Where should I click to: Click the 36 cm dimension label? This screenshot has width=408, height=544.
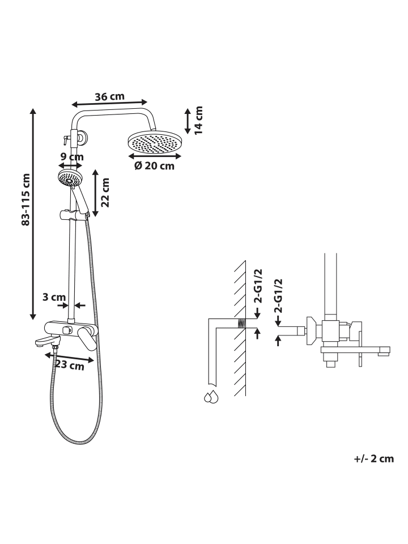pos(109,96)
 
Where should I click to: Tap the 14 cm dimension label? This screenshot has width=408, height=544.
pos(198,120)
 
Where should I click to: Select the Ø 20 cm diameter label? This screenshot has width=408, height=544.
pos(154,166)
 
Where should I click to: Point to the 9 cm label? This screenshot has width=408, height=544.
pos(72,157)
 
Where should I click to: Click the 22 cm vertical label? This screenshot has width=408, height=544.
pos(105,193)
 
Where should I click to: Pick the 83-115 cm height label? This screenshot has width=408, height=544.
pos(26,200)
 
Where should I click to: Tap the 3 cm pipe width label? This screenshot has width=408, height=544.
pos(54,297)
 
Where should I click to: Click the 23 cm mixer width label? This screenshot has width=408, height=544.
pos(70,365)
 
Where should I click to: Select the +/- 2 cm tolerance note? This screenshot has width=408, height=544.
pos(374,458)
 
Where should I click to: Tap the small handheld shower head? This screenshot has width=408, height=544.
pos(70,178)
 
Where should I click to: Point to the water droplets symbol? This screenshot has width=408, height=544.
pos(211,397)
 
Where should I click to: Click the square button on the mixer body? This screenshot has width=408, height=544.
pos(67,330)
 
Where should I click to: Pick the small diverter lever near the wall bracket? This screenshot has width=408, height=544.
pos(65,140)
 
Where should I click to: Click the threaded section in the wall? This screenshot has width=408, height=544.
pos(241,324)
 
